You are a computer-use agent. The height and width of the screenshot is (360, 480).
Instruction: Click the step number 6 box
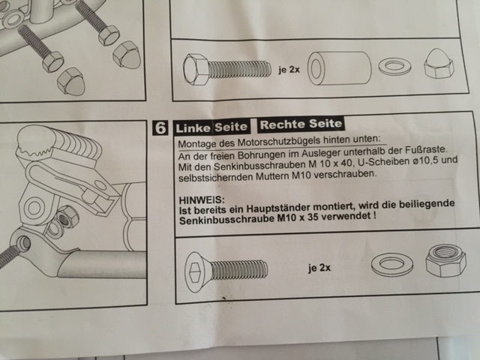pos(160,128)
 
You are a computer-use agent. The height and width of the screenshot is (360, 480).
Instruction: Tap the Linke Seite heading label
pos(211,127)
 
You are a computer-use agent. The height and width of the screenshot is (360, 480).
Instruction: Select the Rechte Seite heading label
pos(301,124)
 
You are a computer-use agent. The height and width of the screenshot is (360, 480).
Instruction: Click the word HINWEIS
pos(202,200)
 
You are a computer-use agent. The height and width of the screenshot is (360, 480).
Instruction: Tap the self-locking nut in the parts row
pos(445,260)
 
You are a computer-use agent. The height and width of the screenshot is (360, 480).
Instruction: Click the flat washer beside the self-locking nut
pos(391,264)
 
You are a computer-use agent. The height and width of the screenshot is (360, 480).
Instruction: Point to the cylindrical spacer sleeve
pos(339,68)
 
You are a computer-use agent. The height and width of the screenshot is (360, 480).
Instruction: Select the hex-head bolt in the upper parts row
pos(227,70)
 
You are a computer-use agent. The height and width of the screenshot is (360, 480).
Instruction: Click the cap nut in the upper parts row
pos(439,64)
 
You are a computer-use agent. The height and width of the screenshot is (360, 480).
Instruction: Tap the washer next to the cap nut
pos(394,67)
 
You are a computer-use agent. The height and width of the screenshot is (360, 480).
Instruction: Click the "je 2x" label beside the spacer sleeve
pos(289,70)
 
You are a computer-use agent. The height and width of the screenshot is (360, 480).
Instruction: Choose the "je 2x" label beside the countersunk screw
pos(319,268)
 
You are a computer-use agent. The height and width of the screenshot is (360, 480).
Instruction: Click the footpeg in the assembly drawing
pos(58,141)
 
